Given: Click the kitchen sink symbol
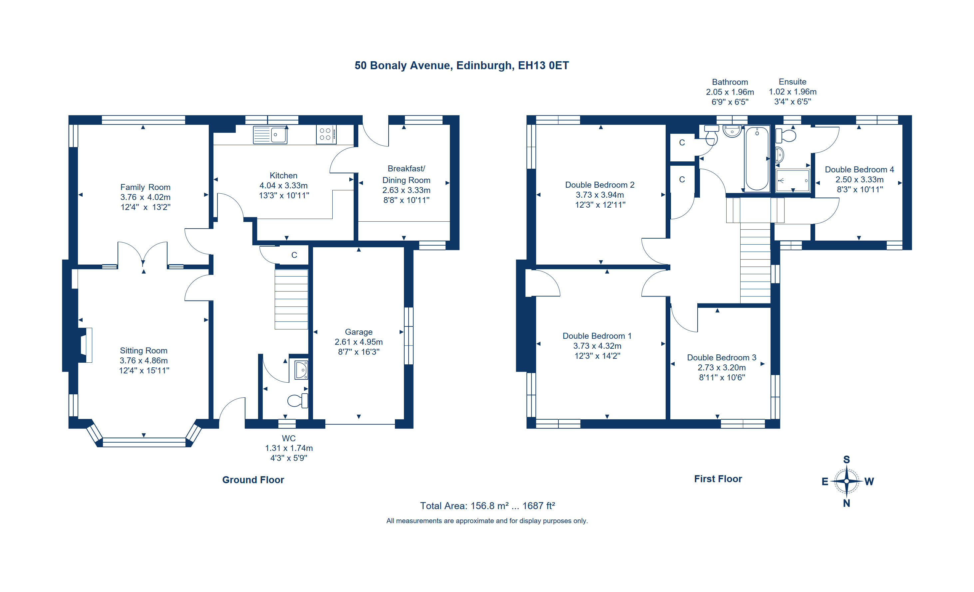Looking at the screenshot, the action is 270,135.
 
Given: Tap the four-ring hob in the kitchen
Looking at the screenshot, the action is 326,134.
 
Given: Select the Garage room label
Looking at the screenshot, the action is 359,332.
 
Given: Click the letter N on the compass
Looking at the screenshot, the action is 846,503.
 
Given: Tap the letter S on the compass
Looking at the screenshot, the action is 846,460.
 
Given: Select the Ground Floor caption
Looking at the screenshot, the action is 253,480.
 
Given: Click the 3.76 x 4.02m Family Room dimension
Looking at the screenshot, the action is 146,197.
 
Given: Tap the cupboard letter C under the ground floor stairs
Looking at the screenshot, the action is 294,255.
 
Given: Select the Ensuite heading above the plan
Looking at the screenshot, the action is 793,82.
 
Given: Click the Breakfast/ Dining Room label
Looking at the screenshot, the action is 406,174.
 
